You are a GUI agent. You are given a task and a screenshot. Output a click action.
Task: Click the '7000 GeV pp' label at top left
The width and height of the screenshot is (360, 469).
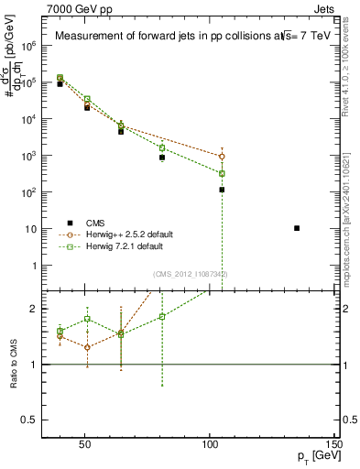tap(74, 8)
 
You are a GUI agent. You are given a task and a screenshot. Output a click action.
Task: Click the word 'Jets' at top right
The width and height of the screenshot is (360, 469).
tap(324, 8)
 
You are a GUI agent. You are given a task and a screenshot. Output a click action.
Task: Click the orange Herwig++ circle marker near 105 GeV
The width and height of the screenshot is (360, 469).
tap(222, 157)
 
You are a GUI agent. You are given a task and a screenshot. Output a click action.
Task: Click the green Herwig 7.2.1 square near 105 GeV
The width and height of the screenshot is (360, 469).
tap(222, 173)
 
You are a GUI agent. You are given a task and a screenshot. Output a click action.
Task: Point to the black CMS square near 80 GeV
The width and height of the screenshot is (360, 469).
tap(162, 158)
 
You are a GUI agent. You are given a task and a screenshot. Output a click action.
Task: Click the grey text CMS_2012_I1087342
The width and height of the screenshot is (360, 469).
tap(190, 274)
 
